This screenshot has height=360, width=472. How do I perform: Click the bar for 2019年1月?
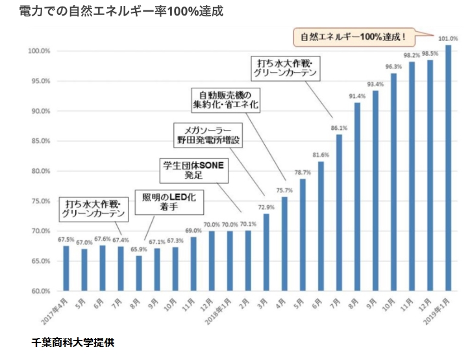point(448,168)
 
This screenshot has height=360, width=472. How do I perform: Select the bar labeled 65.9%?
point(139,273)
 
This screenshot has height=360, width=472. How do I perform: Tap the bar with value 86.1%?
point(339,212)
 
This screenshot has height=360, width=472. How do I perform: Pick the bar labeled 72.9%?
point(266,252)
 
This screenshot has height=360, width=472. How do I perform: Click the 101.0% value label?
point(448,38)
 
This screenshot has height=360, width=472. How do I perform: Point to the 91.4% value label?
point(357,96)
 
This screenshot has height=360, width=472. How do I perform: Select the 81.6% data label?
point(321,155)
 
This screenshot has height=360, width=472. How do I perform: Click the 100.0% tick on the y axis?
point(39,51)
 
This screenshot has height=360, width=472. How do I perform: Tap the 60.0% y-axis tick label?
point(41,291)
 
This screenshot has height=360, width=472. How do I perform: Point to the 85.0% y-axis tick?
point(41,141)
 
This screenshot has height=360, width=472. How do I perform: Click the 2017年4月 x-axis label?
point(55,311)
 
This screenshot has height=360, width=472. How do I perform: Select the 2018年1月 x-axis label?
point(219,311)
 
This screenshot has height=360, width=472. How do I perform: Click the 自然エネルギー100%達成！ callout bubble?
point(354,37)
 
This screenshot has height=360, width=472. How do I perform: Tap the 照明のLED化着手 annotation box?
point(169,202)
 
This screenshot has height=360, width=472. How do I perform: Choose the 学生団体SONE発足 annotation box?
point(194,170)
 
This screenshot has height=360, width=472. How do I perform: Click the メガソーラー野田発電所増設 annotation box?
point(208,135)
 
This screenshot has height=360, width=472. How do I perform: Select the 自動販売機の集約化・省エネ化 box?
point(226,100)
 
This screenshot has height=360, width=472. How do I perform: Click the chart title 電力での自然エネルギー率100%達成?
point(121,12)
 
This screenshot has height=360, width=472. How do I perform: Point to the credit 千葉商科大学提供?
point(73,343)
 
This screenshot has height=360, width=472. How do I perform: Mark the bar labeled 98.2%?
point(412,176)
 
